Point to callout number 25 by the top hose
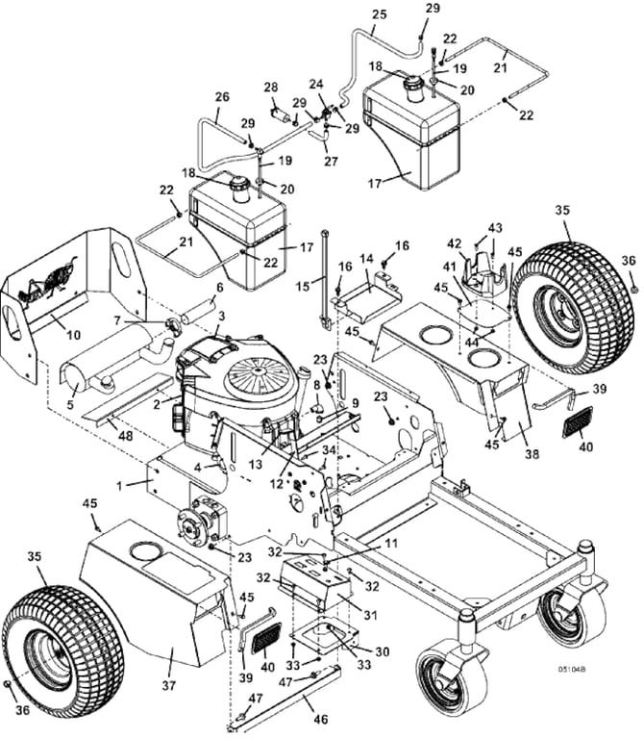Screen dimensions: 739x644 [x=379, y=14]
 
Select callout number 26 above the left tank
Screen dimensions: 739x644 [x=222, y=97]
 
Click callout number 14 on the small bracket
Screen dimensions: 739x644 [x=366, y=259]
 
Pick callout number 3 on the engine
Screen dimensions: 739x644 [x=221, y=316]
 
